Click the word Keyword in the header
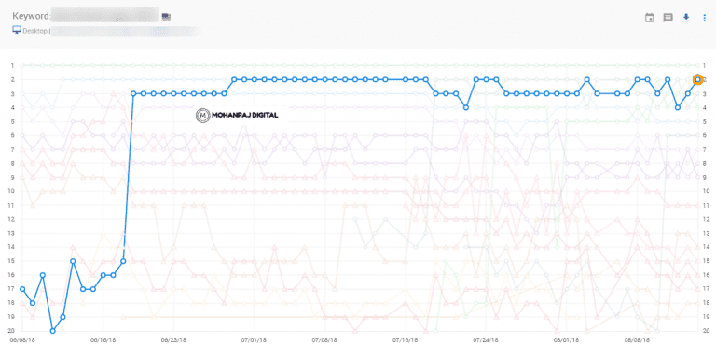30,16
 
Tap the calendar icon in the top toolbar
650,17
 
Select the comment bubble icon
668,17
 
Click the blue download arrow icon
686,17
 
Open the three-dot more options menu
704,17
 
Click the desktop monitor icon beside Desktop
16,30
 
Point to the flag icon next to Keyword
166,16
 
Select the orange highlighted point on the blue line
698,80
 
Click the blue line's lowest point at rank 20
52,331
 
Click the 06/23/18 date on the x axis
174,341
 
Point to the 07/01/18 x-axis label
254,341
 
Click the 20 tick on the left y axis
12,331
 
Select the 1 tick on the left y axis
12,66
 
